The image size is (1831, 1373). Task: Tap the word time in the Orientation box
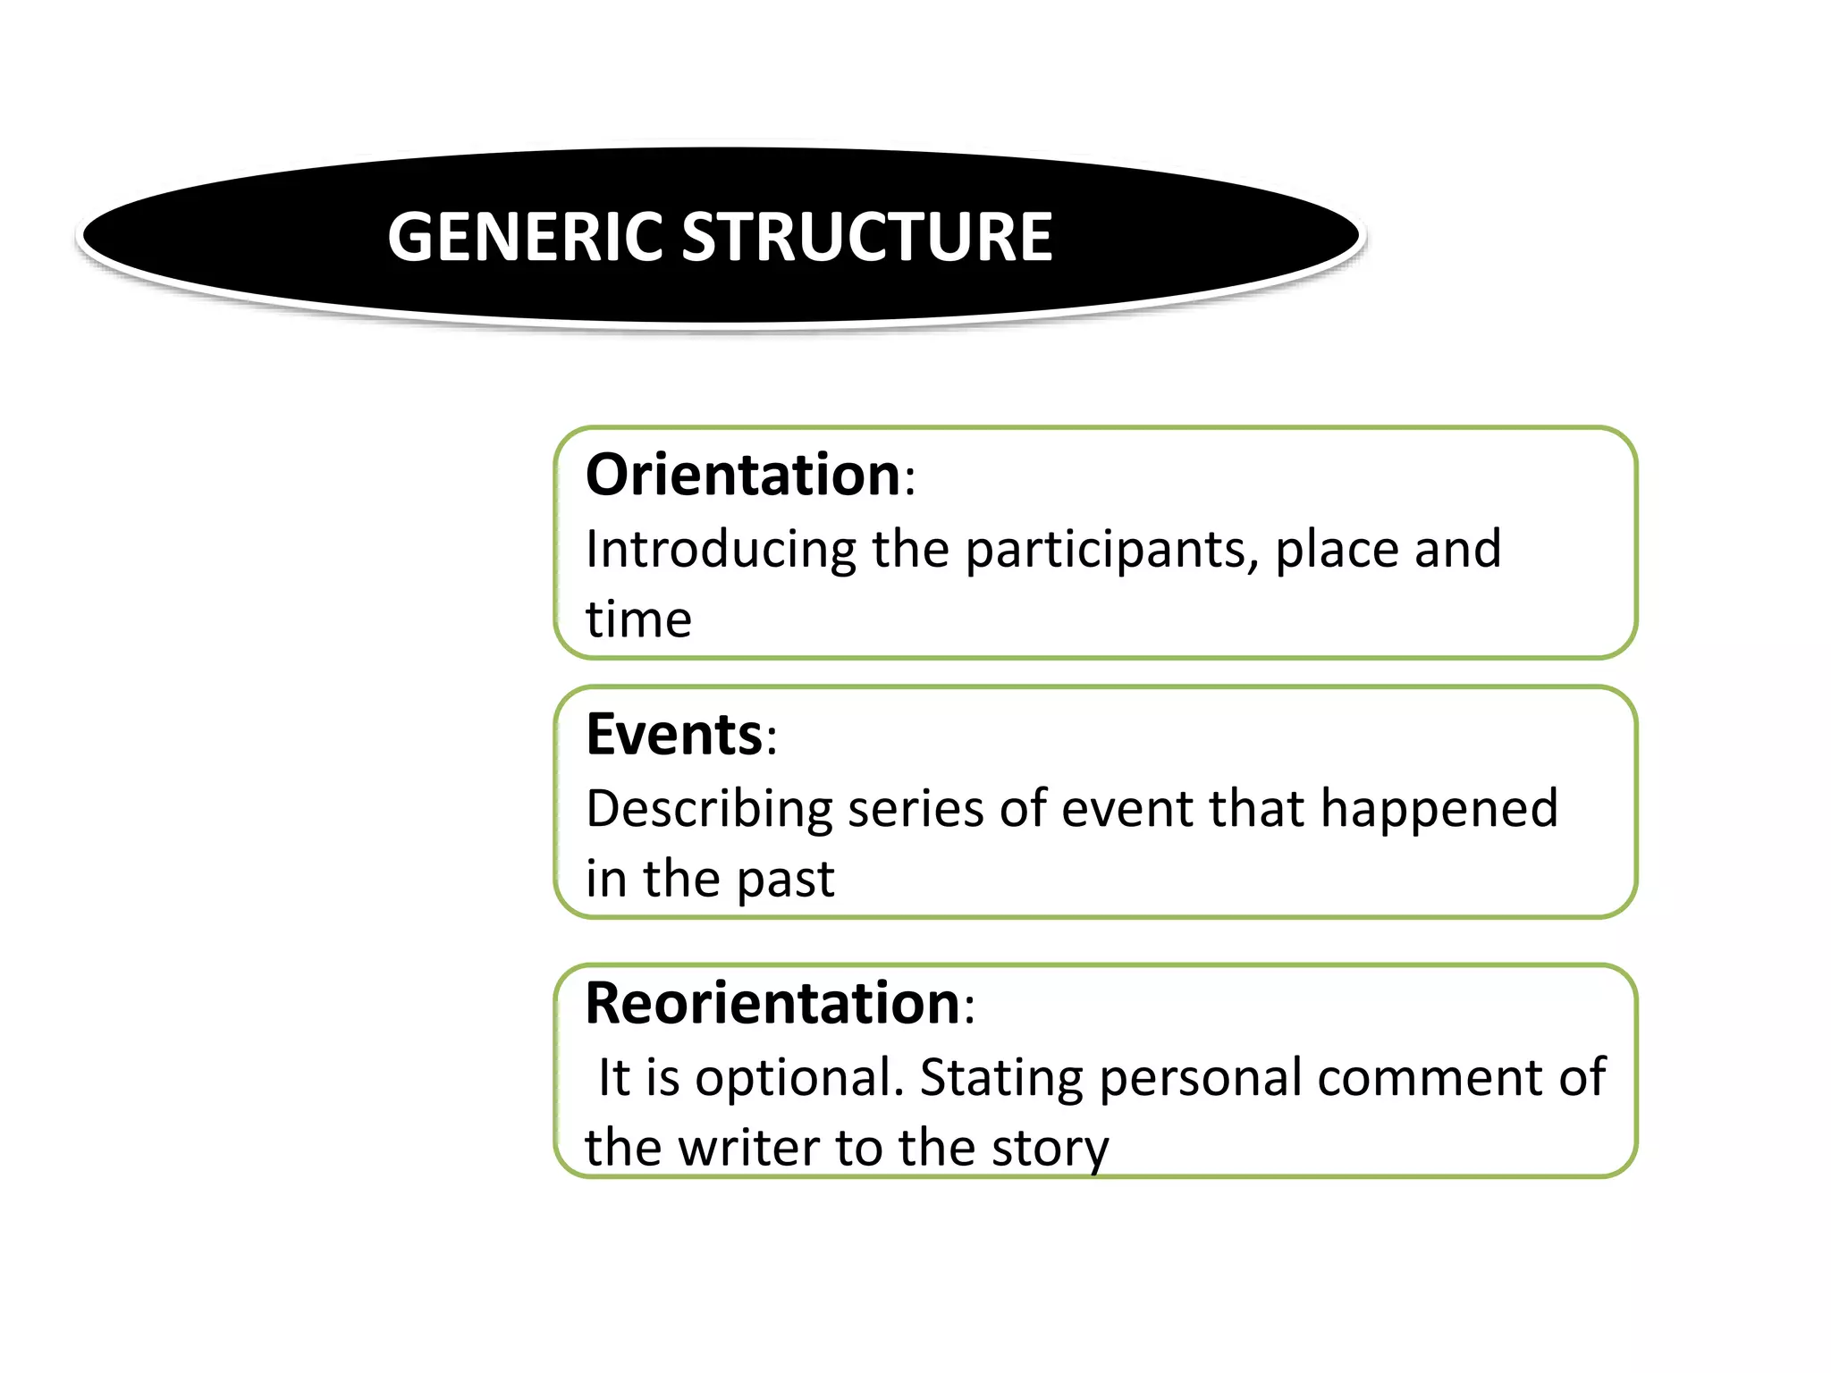point(638,619)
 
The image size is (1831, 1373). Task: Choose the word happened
point(1439,809)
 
